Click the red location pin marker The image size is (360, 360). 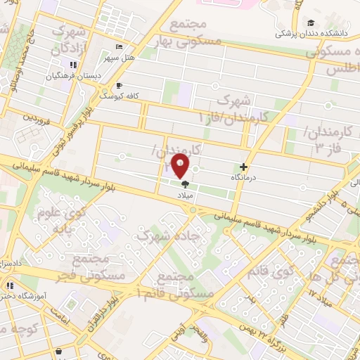(x=181, y=166)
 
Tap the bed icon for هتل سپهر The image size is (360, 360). (x=119, y=46)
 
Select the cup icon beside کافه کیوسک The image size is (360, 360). (x=108, y=86)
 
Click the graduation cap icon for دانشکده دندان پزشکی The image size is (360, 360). (x=310, y=22)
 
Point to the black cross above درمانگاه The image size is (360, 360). (x=243, y=167)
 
